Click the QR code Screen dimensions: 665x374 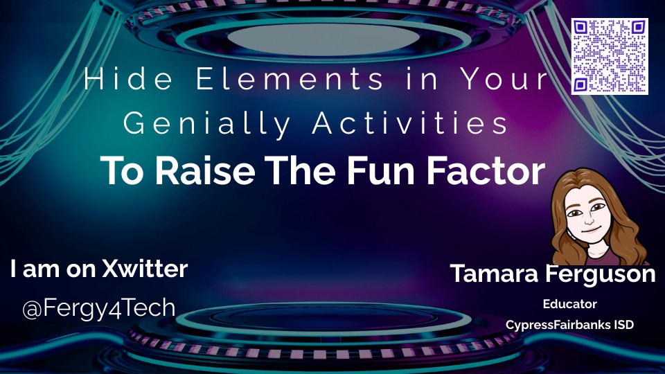click(x=610, y=56)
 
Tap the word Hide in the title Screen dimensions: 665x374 click(x=129, y=79)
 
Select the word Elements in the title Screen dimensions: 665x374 click(x=290, y=79)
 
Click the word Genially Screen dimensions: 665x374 click(x=207, y=124)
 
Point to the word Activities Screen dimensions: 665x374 click(x=410, y=123)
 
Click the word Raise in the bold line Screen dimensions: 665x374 click(x=205, y=170)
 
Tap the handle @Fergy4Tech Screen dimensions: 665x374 click(x=99, y=308)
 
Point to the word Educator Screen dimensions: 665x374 click(x=569, y=304)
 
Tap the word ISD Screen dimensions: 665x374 click(x=623, y=325)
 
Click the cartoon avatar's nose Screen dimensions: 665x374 click(x=589, y=220)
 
